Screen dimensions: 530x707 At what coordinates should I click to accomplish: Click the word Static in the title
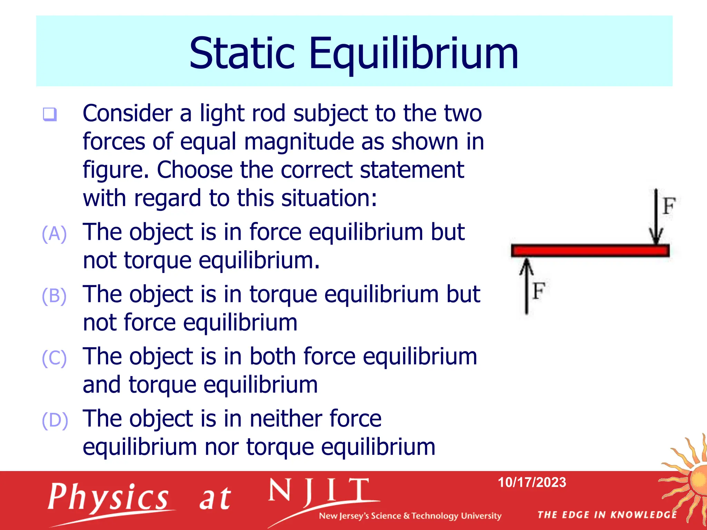click(x=242, y=53)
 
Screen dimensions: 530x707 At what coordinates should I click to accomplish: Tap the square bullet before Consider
click(x=50, y=114)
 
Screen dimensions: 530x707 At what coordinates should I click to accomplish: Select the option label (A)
click(x=54, y=234)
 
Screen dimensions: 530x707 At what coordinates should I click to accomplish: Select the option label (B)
click(x=54, y=296)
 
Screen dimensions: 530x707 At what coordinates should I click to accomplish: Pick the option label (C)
click(x=54, y=358)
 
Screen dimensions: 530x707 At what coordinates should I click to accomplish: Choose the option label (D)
click(x=55, y=420)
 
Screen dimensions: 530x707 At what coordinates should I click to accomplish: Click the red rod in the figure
click(x=590, y=251)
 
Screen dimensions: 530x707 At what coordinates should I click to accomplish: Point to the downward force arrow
click(x=656, y=217)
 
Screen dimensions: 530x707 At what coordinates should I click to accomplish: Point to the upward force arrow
click(x=526, y=286)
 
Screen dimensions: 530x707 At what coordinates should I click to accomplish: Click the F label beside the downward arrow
click(x=669, y=206)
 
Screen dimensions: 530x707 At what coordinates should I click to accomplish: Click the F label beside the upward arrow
click(x=539, y=291)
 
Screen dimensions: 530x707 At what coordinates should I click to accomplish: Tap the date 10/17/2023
click(x=532, y=482)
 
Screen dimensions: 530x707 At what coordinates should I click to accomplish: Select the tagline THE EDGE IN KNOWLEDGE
click(x=607, y=515)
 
